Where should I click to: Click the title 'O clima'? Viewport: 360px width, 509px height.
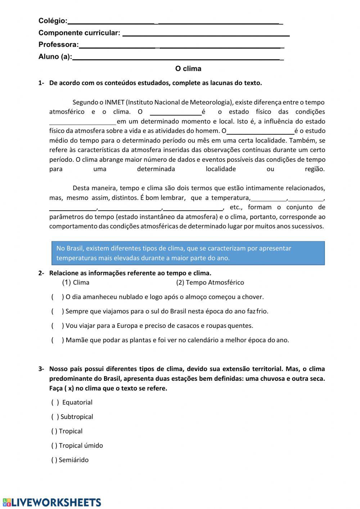(x=188, y=68)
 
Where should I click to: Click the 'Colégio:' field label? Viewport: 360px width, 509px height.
(x=53, y=21)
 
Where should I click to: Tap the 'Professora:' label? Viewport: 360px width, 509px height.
(x=59, y=45)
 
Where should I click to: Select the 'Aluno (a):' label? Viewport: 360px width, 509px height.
(x=55, y=57)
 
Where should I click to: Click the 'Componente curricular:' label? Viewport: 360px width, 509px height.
(x=79, y=33)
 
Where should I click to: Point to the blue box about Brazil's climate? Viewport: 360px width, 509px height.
(x=188, y=253)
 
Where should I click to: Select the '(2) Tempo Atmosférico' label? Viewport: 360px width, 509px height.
(x=210, y=282)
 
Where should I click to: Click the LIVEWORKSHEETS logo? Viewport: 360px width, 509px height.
(x=52, y=502)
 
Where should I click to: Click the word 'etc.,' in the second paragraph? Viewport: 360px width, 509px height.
(x=236, y=207)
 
